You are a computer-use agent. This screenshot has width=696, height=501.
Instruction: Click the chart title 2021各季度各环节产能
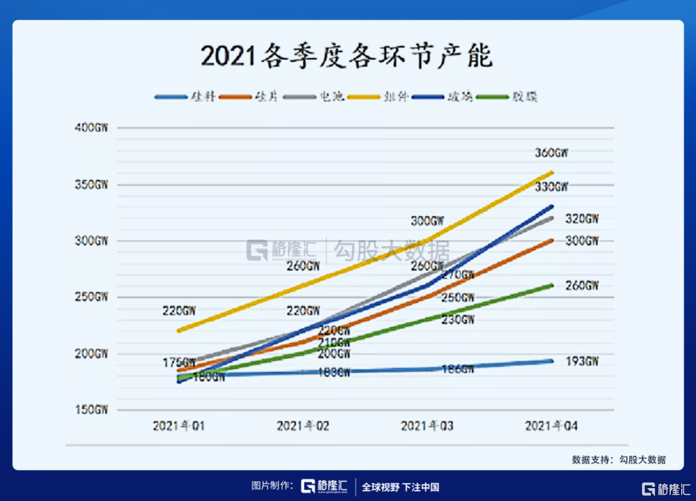pos(346,56)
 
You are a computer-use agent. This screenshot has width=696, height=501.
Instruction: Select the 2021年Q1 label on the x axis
pos(179,426)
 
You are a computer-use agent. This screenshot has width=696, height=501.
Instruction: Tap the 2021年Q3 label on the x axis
pos(427,426)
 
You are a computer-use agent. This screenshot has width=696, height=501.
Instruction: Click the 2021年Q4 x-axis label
pos(552,426)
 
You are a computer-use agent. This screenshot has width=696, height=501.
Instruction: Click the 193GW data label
pos(582,361)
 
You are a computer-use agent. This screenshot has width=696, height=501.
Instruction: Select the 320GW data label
pos(582,219)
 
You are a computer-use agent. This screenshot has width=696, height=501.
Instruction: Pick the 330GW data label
pos(552,187)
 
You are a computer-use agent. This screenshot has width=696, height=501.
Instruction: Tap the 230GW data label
pos(458,319)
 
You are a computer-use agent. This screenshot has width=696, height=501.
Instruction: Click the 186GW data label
pos(458,369)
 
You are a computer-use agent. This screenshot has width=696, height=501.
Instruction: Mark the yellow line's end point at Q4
pos(552,172)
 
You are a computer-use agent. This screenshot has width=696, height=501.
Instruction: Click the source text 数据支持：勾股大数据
pos(619,460)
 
